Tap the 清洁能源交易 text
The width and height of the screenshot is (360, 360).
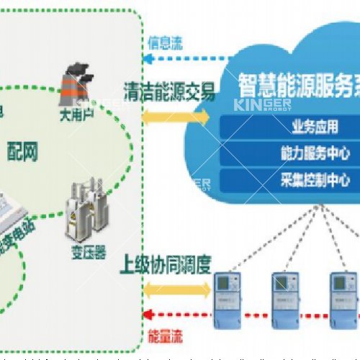point(170,93)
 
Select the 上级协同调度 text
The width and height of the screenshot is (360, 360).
point(166,263)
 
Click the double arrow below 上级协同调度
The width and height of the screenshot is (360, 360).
point(168,291)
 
